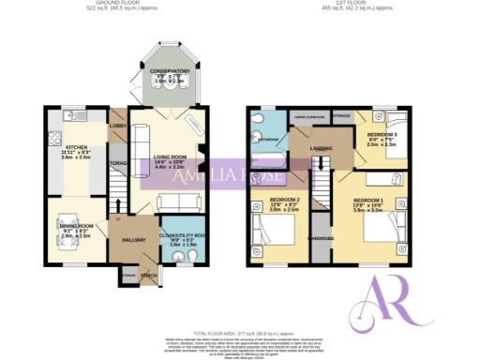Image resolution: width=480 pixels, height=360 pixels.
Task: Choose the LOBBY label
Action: [x=118, y=126]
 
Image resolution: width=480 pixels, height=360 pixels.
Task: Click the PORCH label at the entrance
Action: [x=147, y=276]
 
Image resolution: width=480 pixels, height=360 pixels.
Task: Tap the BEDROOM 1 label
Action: [x=370, y=200]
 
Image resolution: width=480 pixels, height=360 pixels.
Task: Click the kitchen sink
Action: [x=68, y=116]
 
